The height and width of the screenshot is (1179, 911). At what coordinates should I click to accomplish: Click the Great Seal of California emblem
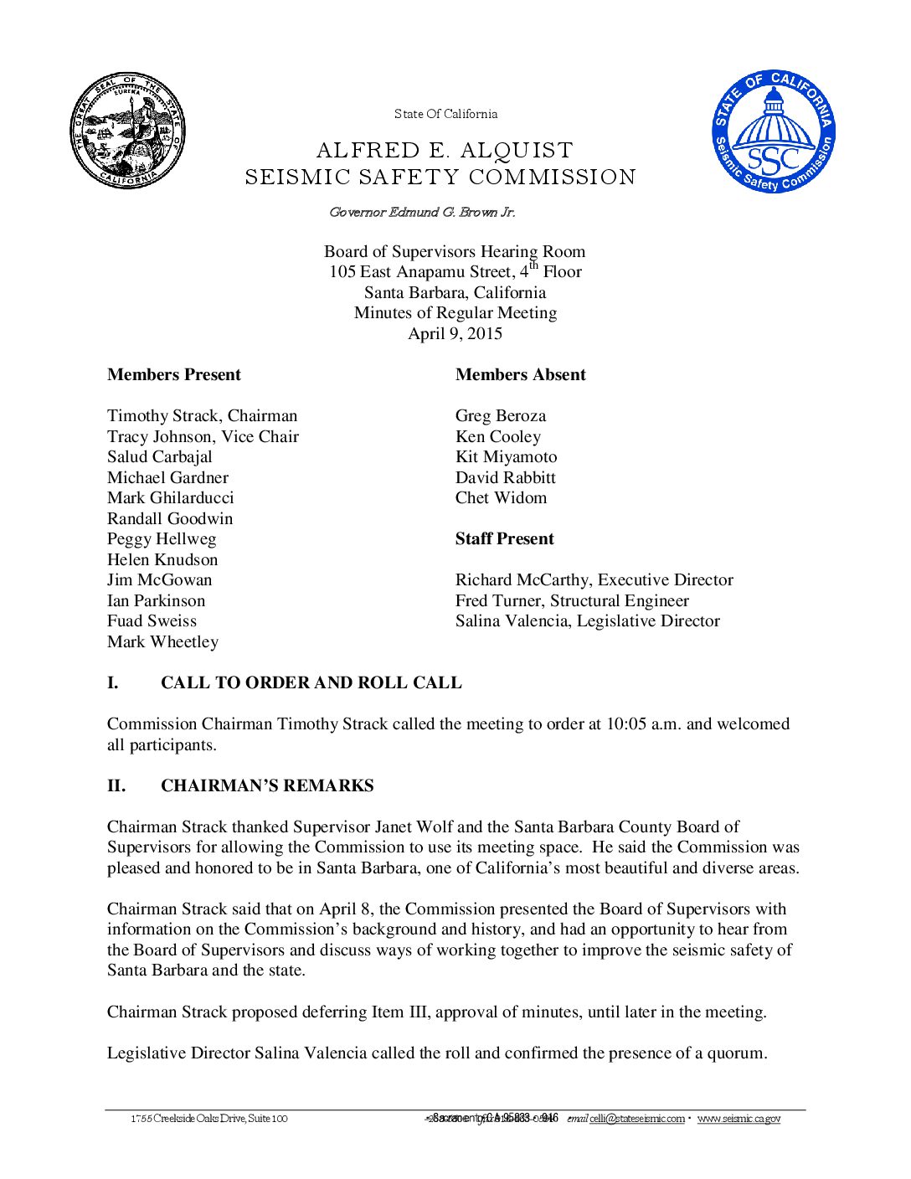[127, 131]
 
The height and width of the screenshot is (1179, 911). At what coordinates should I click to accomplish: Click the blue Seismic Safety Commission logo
[774, 131]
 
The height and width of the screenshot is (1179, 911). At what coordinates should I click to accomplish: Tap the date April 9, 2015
[455, 333]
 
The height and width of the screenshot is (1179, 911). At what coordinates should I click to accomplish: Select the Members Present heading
[174, 374]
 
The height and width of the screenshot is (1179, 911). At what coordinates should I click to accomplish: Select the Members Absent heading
[520, 374]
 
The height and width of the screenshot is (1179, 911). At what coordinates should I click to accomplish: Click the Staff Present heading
[504, 538]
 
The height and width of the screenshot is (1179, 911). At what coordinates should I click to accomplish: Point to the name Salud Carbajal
[159, 456]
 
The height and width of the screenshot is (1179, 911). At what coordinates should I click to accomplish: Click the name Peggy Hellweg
[162, 538]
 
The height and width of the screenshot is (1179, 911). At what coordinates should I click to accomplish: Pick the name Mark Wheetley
[162, 641]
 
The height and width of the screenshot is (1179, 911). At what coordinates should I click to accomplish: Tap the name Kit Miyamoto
[506, 456]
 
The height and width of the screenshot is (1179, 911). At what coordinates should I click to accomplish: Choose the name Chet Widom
[501, 497]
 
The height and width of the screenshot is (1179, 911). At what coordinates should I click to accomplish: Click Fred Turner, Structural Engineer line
[572, 600]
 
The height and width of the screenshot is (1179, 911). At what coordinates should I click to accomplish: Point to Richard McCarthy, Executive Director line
[594, 579]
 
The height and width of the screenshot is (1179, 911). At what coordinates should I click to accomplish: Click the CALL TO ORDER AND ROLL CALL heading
[311, 682]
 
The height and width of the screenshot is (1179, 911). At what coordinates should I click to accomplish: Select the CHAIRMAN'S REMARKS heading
[267, 785]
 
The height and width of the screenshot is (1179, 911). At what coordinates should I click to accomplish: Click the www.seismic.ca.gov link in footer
[739, 1119]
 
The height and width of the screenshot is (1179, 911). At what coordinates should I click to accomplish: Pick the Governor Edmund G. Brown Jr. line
[422, 212]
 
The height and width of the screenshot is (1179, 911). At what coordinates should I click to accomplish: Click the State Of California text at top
[445, 114]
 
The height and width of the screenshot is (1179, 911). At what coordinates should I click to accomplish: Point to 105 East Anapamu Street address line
[455, 271]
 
